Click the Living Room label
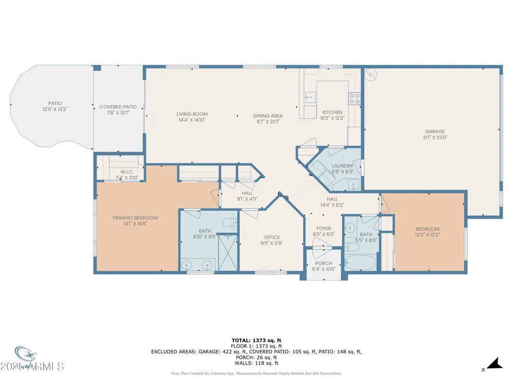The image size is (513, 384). point(192,114)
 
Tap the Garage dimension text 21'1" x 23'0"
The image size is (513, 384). point(435,137)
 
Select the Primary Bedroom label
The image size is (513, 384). point(135,218)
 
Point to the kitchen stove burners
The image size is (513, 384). point(354,99)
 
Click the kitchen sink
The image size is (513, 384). point(310,97)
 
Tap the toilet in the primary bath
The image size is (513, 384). point(229,223)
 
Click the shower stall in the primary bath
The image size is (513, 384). point(228,252)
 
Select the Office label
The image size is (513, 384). point(272,238)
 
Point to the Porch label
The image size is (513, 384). point(324,263)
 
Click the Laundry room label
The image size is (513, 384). point(342,166)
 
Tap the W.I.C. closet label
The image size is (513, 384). point(127,172)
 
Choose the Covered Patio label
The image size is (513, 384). point(118,107)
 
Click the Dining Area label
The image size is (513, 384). point(268,116)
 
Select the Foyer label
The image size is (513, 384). point(324,228)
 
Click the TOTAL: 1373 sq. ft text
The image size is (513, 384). point(256,340)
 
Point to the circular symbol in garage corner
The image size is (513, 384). point(371,75)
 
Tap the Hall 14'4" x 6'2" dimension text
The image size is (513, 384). point(332,205)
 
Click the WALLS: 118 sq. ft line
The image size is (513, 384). point(256,363)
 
